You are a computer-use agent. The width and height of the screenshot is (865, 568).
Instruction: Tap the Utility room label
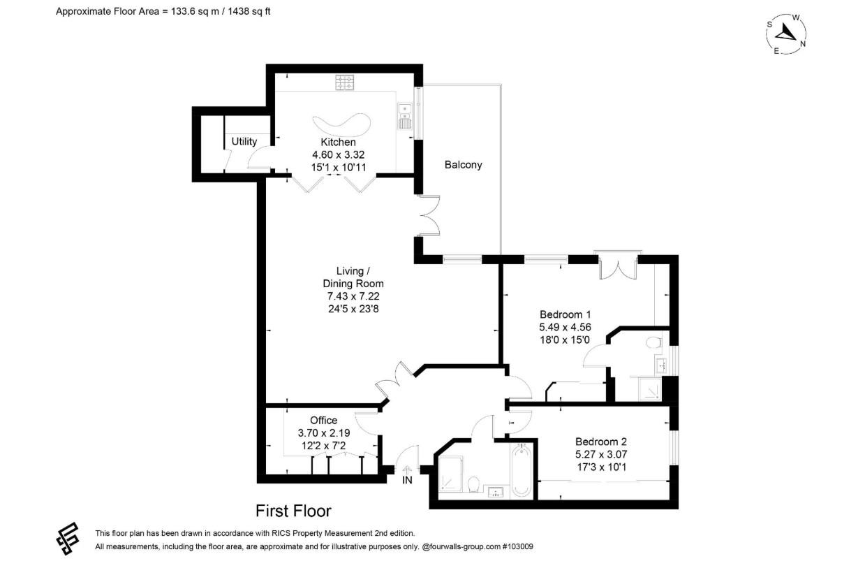(x=244, y=141)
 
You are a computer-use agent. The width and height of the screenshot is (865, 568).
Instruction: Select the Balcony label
(x=463, y=166)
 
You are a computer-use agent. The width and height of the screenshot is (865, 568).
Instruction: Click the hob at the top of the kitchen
(x=345, y=83)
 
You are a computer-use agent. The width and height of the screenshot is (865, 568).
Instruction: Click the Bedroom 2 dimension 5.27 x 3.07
(x=600, y=454)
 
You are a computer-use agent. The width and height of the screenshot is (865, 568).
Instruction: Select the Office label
(x=323, y=420)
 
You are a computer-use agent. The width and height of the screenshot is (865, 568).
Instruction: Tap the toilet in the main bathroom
(x=473, y=483)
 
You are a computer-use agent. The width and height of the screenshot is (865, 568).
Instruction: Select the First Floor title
(x=293, y=511)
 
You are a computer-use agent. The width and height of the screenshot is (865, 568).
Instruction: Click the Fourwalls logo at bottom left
(x=68, y=539)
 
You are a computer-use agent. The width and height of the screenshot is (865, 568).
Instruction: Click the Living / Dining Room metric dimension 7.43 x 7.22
(x=353, y=296)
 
